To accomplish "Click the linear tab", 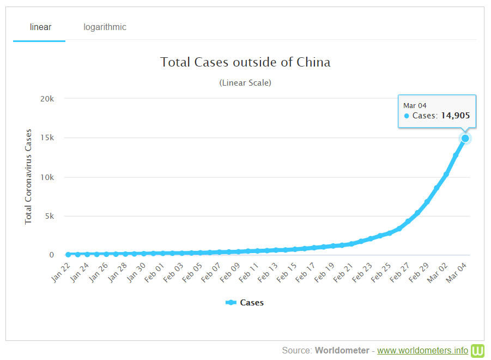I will [40, 27].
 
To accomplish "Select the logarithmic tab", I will [105, 27].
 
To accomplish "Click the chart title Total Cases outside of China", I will [245, 62].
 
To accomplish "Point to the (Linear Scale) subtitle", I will [245, 83].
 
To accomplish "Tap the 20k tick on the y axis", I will [48, 99].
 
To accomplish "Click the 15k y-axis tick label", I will [48, 138].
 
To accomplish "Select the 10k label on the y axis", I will [48, 177].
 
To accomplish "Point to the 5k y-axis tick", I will [50, 216].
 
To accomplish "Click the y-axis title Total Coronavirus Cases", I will [29, 177].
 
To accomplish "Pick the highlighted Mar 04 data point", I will [465, 138].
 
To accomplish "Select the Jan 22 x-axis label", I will [62, 271].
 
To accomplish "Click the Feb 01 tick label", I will [155, 271].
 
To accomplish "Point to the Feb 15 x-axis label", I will [287, 271].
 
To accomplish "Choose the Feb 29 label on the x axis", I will [419, 271].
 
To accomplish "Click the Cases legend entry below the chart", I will [245, 302].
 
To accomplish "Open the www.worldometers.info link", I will [422, 350].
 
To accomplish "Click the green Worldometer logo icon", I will [478, 350].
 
